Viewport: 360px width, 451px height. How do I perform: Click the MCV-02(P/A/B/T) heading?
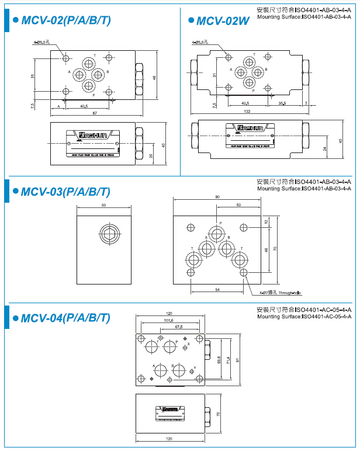pos(65,21)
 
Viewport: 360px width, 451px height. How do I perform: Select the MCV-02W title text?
pos(223,21)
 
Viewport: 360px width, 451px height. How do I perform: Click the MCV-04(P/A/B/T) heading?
pos(65,318)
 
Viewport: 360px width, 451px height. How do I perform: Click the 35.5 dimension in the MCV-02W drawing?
pos(282,103)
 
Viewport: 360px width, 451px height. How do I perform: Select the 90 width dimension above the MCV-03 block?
pos(217,197)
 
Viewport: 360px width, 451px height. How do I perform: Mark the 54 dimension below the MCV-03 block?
pos(217,290)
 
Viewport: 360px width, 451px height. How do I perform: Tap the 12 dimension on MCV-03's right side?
pos(266,221)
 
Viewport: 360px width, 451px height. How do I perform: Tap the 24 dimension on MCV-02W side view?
pos(325,148)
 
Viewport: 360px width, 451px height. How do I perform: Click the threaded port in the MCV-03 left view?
pos(108,235)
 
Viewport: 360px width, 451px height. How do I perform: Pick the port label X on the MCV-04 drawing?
pos(188,345)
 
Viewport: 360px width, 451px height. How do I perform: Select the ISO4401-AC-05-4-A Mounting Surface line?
pos(304,316)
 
